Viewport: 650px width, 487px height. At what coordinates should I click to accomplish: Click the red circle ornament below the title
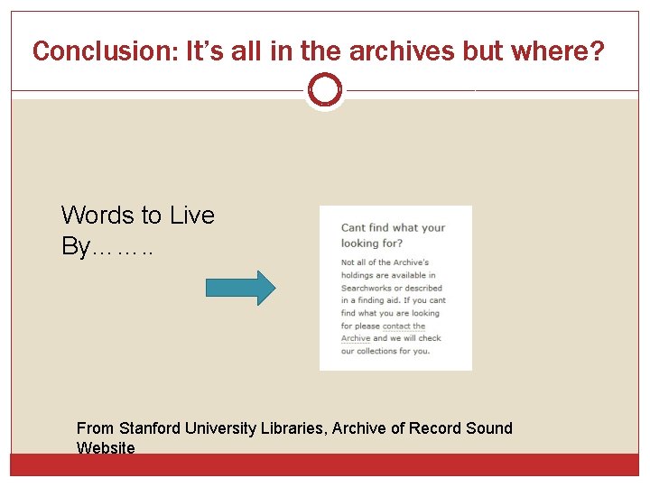pyautogui.click(x=324, y=90)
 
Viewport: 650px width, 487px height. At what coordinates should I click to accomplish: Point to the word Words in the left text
pyautogui.click(x=98, y=216)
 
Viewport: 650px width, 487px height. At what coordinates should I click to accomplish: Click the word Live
pyautogui.click(x=190, y=216)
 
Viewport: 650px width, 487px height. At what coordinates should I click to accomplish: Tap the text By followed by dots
pyautogui.click(x=107, y=246)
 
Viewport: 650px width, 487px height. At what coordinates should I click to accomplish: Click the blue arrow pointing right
pyautogui.click(x=240, y=288)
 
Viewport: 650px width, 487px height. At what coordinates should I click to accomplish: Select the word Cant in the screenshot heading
pyautogui.click(x=353, y=228)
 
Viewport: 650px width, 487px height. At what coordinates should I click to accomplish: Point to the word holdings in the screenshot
pyautogui.click(x=359, y=275)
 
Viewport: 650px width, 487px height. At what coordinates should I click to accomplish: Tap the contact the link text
pyautogui.click(x=404, y=326)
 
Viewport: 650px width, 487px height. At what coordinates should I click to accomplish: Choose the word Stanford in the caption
pyautogui.click(x=150, y=428)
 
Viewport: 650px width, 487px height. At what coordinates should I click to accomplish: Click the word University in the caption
pyautogui.click(x=219, y=428)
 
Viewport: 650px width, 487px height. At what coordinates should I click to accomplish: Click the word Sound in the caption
pyautogui.click(x=491, y=428)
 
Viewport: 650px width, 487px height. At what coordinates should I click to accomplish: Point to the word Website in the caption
pyautogui.click(x=106, y=448)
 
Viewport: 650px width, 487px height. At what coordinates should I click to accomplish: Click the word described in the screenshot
pyautogui.click(x=422, y=288)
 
